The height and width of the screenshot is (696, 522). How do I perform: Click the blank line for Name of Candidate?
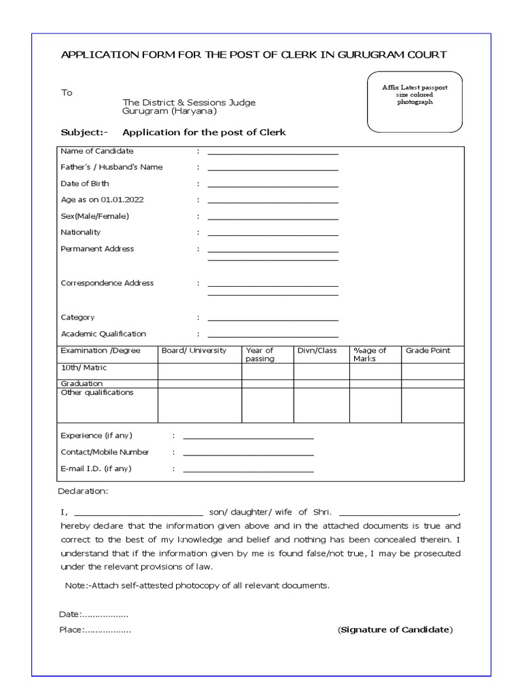tap(273, 154)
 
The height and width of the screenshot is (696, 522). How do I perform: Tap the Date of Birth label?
tap(85, 184)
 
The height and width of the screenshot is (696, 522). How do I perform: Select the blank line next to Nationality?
tap(273, 235)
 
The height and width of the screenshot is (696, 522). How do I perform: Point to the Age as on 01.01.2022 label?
tap(102, 200)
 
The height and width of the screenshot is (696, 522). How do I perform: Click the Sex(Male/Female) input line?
tap(273, 219)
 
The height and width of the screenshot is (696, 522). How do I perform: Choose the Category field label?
tap(77, 317)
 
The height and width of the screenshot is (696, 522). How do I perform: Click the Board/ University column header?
tap(193, 351)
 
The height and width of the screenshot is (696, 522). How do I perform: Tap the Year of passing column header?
tap(260, 354)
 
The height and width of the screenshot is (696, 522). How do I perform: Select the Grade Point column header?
tap(428, 351)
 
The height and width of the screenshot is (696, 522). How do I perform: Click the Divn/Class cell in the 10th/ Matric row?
tap(321, 371)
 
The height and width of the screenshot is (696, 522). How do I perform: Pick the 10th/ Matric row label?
tap(84, 368)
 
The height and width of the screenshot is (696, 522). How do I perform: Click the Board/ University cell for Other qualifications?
tap(200, 406)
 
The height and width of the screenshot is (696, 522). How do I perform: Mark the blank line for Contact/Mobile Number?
tap(248, 455)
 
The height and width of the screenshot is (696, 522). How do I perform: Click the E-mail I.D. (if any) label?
tap(96, 468)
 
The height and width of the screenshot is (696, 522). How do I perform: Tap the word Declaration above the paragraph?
tap(84, 491)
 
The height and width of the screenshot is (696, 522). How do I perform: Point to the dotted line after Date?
tap(105, 615)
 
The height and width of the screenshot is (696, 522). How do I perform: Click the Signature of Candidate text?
tap(395, 629)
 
